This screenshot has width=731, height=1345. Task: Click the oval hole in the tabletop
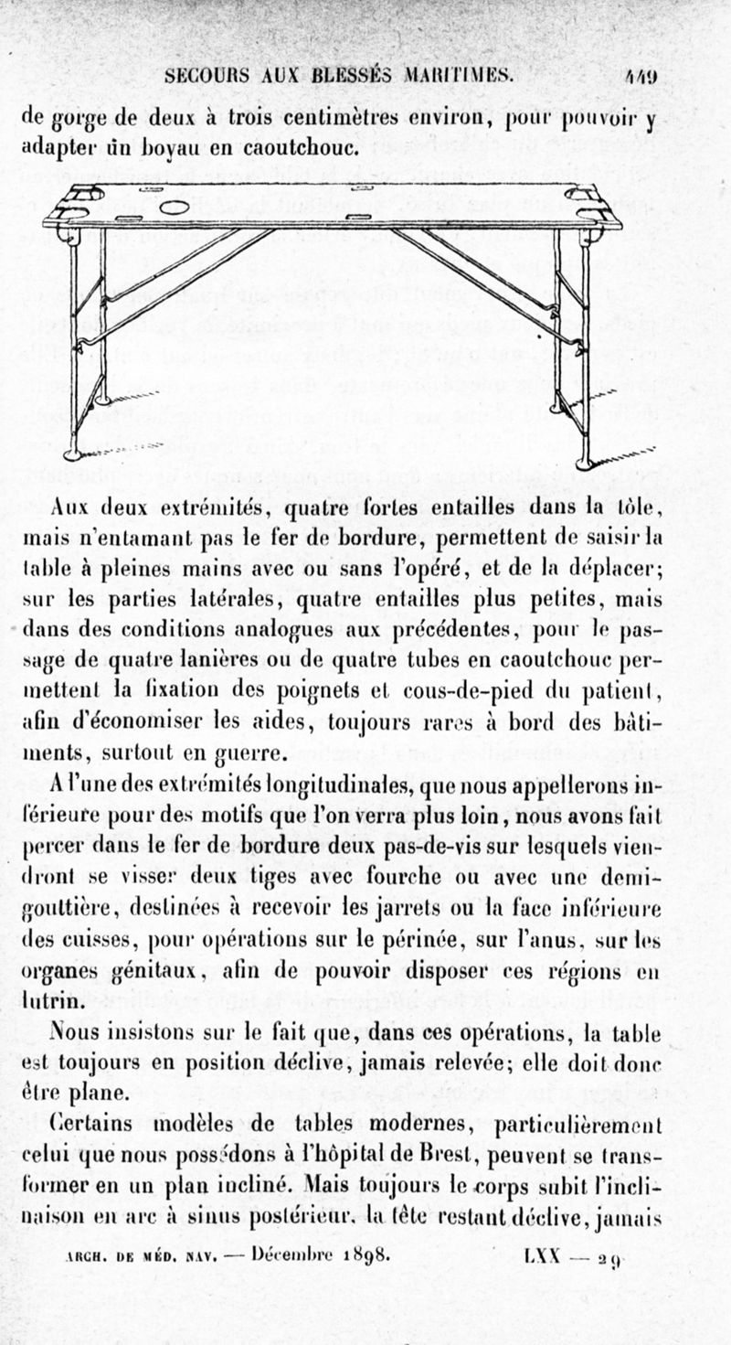coord(174,208)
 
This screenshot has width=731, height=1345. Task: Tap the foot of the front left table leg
coord(73,454)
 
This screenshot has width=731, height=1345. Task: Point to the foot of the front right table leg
coord(583,464)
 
